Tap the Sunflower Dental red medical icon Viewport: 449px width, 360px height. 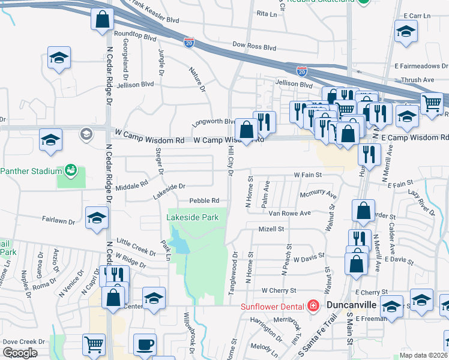[x=313, y=306]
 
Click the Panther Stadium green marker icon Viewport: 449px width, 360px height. [x=71, y=170]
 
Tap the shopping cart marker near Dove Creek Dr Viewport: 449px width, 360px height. [x=94, y=345]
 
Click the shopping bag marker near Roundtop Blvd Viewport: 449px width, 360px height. [x=102, y=19]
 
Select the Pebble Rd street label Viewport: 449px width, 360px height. [x=204, y=200]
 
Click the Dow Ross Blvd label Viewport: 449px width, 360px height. [x=254, y=46]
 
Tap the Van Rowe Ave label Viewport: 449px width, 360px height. [x=289, y=213]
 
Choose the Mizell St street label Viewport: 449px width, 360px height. [x=271, y=229]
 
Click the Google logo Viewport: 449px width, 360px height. [x=19, y=353]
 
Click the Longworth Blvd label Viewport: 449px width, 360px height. [x=214, y=122]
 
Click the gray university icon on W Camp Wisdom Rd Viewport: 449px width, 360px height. [x=86, y=134]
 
